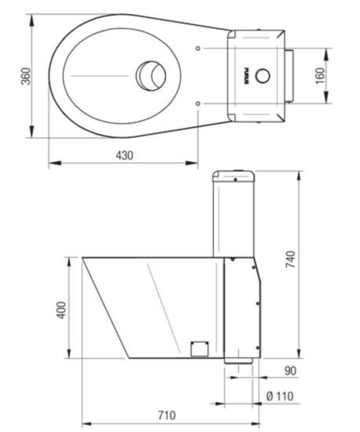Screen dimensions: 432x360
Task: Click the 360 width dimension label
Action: coord(26,76)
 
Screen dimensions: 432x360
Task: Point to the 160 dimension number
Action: coord(320,76)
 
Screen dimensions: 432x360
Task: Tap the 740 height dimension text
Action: coord(290,259)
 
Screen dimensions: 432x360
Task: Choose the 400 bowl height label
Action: coord(62,310)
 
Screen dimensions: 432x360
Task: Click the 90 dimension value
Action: coord(290,371)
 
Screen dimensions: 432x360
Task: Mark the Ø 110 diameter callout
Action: coord(280,396)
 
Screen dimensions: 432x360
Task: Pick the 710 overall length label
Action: coord(167,415)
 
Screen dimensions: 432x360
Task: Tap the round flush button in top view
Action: coord(262,76)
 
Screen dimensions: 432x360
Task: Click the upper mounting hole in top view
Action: coord(197,48)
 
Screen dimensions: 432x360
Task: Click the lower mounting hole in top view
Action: coord(197,104)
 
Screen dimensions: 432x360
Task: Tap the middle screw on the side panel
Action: coord(258,303)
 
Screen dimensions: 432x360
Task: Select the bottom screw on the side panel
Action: coord(257,347)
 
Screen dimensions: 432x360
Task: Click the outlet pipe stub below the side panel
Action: coord(238,361)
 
